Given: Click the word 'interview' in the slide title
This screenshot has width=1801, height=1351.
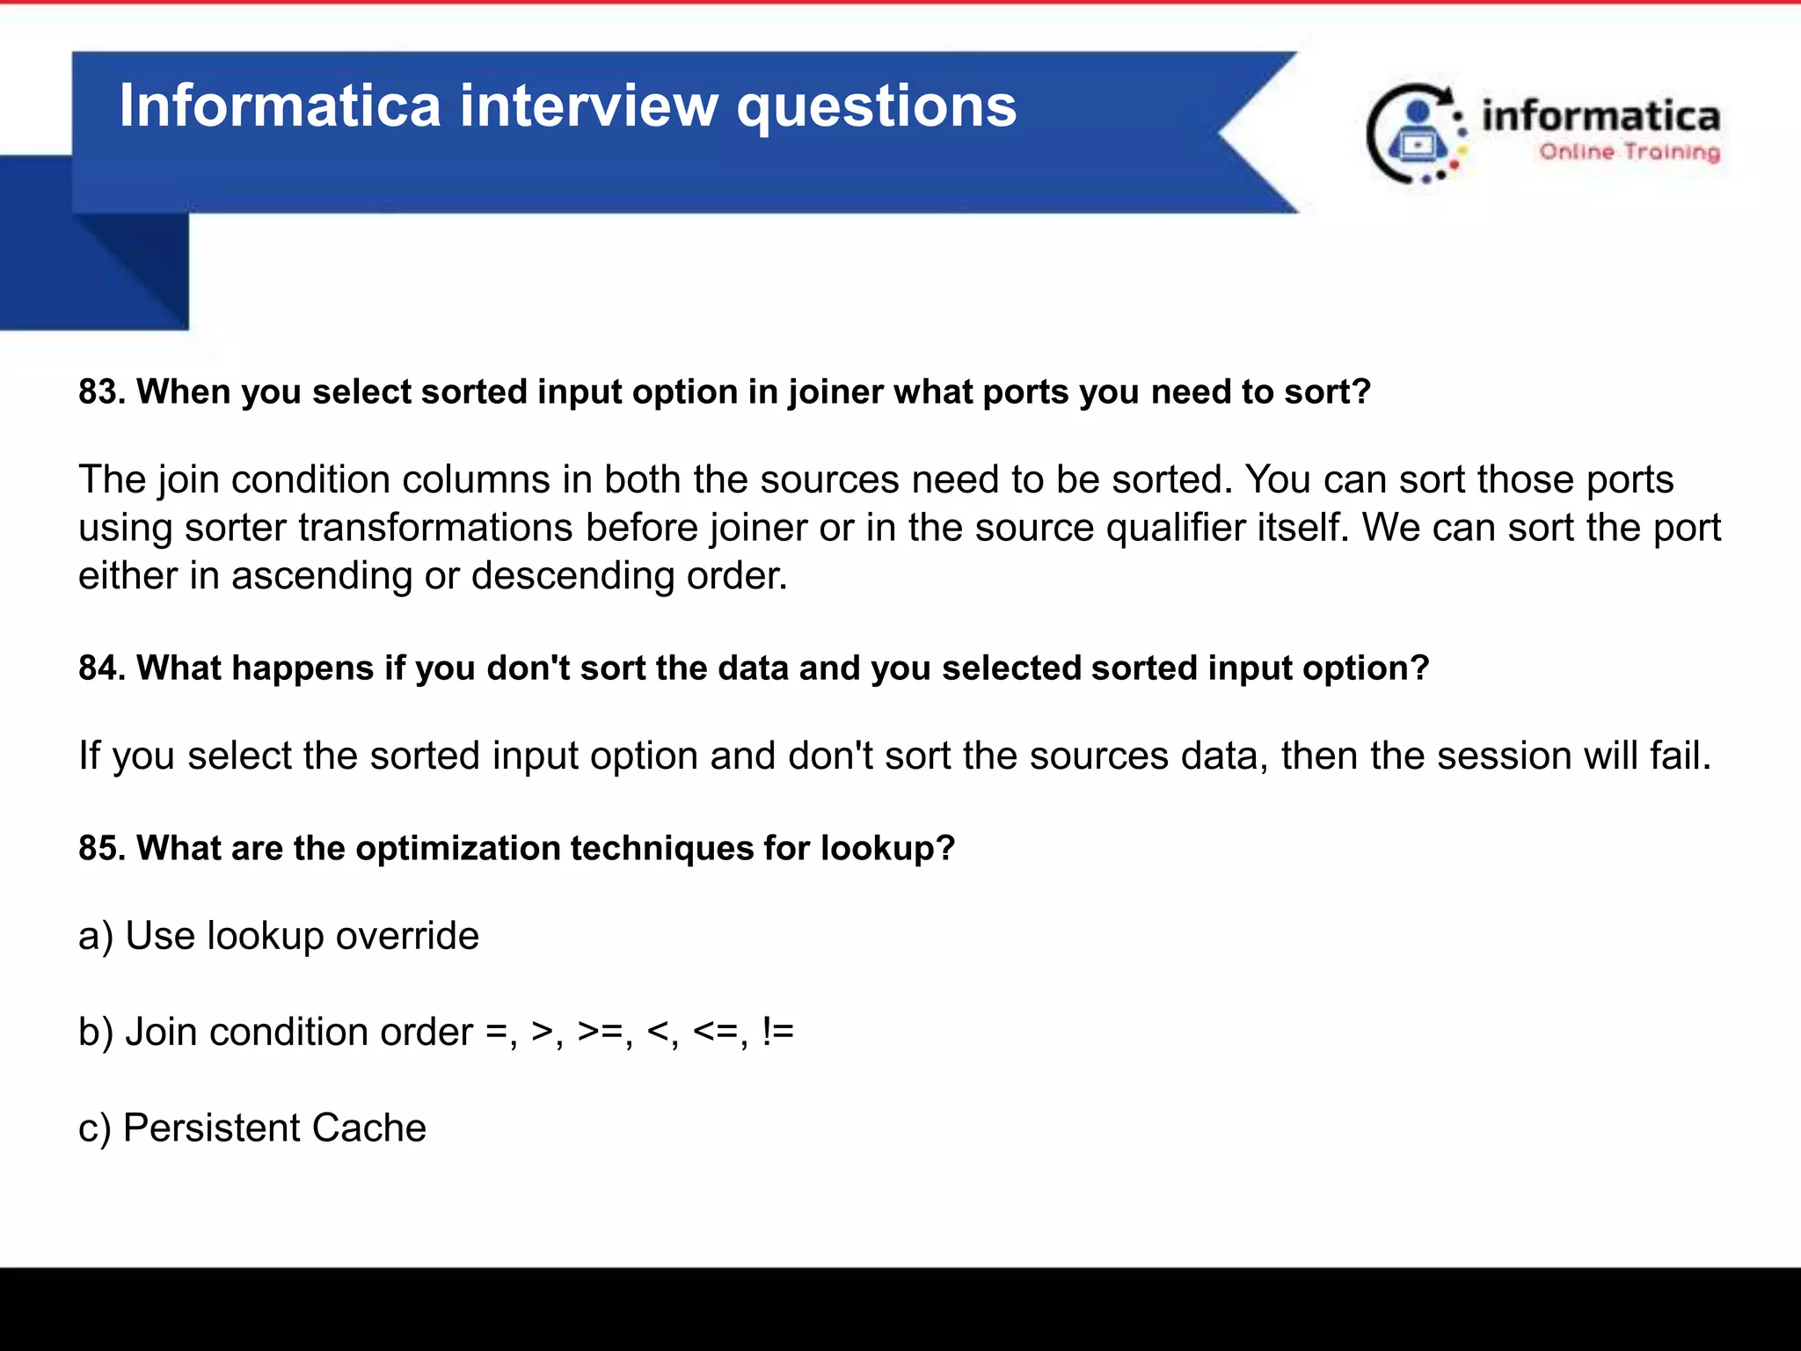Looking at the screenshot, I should (589, 106).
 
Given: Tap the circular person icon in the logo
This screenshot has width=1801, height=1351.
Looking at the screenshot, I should (1416, 134).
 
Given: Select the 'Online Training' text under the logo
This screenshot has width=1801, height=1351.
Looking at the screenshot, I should (1629, 152).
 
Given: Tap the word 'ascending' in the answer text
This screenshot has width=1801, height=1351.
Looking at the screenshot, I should (322, 576).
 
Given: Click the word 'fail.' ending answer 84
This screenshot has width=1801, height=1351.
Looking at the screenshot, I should (1675, 756).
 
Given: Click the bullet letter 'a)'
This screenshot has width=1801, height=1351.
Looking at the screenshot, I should (96, 936).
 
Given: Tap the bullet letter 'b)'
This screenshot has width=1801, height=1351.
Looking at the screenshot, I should (96, 1032).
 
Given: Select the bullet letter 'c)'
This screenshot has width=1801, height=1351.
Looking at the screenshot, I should (95, 1128).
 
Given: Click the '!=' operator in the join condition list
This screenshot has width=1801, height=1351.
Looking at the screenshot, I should (778, 1032).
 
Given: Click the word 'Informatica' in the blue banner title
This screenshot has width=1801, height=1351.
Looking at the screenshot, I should (280, 106).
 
